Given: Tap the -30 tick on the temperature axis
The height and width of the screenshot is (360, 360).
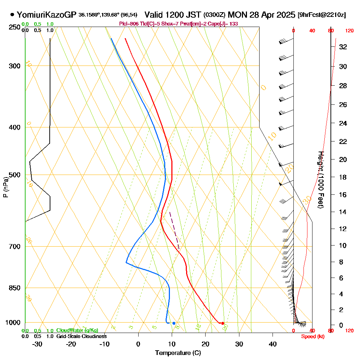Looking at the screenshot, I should [37, 344].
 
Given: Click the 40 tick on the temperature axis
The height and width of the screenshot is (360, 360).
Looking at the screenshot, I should [273, 344].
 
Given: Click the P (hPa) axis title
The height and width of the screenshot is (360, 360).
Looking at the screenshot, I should [5, 187].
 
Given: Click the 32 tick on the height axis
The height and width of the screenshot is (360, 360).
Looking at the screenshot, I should [343, 47].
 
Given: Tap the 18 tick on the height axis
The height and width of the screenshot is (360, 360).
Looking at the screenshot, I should [343, 177].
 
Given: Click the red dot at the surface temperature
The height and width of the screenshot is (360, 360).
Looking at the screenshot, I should [222, 323].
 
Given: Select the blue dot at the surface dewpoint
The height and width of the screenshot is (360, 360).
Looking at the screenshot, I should [174, 323].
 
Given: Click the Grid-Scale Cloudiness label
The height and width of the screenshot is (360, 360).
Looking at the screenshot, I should [81, 336].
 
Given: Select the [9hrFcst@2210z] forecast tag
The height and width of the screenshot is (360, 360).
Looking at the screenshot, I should [321, 15].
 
